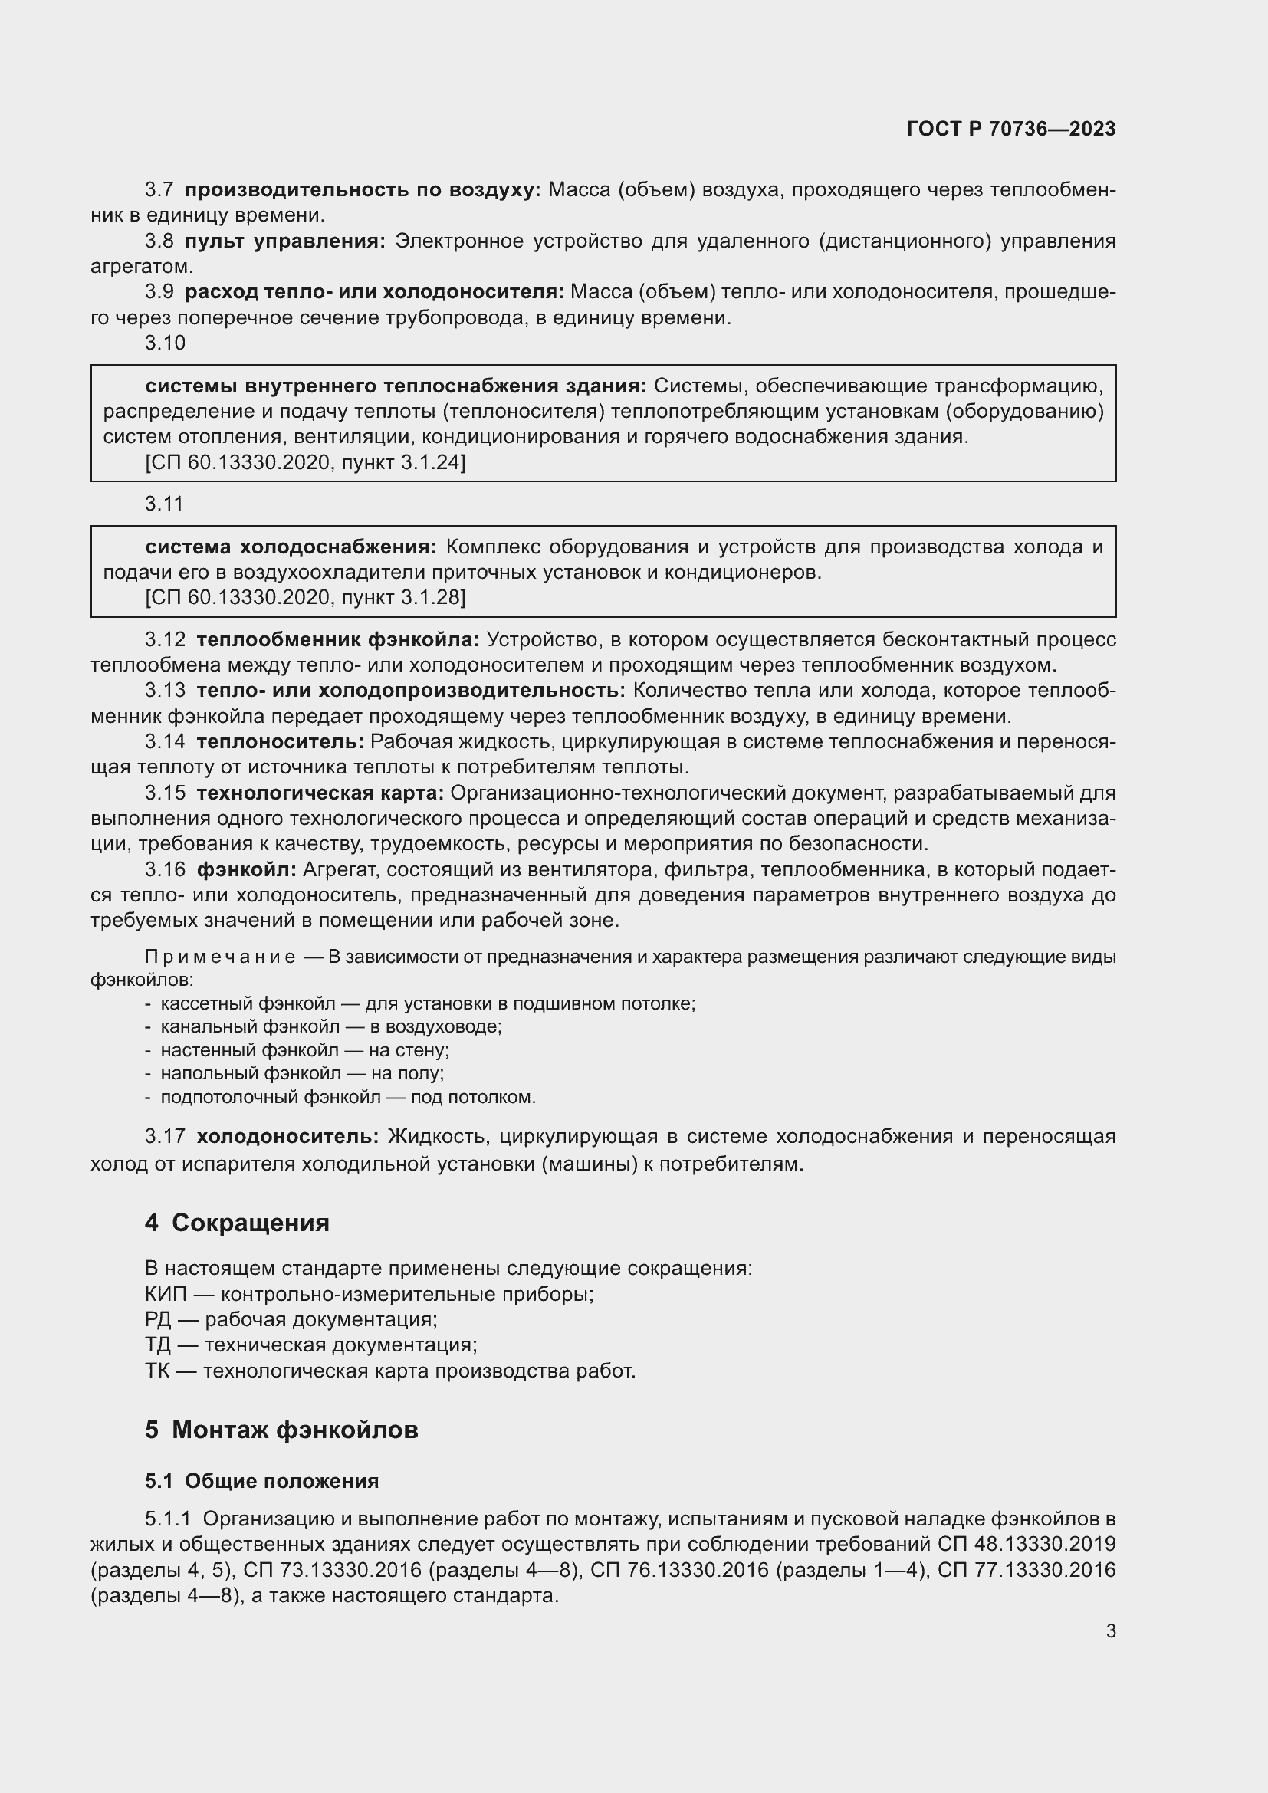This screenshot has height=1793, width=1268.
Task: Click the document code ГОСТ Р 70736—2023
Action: tap(1011, 129)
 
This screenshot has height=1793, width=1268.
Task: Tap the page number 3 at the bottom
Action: tap(1110, 1630)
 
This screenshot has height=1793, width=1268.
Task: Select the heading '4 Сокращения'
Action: tap(237, 1222)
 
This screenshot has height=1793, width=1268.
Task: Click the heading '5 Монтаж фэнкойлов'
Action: tap(281, 1430)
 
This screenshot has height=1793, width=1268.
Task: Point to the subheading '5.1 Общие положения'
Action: tap(261, 1481)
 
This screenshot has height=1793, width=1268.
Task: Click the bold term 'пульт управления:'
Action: tap(285, 241)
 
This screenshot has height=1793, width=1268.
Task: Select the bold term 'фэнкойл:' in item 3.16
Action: tap(246, 869)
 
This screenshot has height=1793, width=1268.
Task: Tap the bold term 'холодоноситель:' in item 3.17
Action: tap(287, 1135)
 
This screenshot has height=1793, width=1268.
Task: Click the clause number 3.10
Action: tap(165, 343)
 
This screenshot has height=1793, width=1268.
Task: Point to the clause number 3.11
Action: tap(164, 504)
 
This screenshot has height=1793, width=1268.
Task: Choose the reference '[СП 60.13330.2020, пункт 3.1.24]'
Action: tap(305, 463)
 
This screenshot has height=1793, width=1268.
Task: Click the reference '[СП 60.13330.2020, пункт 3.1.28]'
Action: tap(305, 597)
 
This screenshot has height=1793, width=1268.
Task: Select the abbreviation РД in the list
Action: tap(157, 1320)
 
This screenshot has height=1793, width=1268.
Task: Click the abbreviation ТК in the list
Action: tap(157, 1371)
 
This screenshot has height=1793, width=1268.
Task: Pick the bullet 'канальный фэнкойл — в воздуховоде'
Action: tap(330, 1026)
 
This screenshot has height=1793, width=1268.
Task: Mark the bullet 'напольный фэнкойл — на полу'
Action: tap(301, 1073)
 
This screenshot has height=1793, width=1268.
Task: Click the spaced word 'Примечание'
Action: tap(220, 957)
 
